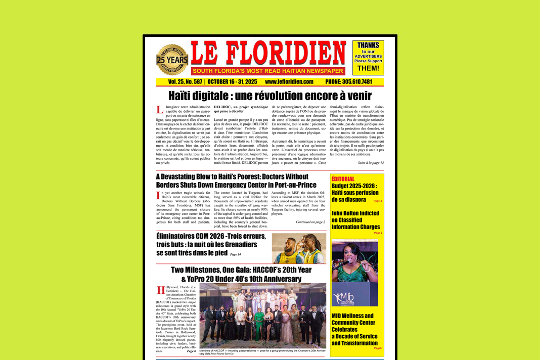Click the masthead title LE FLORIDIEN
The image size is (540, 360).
pyautogui.click(x=268, y=53)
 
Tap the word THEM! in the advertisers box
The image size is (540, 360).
pyautogui.click(x=368, y=68)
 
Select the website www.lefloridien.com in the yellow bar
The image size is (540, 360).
pyautogui.click(x=289, y=81)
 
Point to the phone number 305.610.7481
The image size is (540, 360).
pyautogui.click(x=349, y=81)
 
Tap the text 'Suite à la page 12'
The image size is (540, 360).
pyautogui.click(x=371, y=163)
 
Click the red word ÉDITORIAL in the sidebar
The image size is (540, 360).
pyautogui.click(x=343, y=179)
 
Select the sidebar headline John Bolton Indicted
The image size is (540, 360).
pyautogui.click(x=355, y=220)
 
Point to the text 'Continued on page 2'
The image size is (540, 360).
pyautogui.click(x=310, y=222)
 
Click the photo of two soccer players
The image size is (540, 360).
pyautogui.click(x=299, y=248)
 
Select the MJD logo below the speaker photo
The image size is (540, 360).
pyautogui.click(x=344, y=297)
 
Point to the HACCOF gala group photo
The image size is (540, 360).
pyautogui.click(x=263, y=315)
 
